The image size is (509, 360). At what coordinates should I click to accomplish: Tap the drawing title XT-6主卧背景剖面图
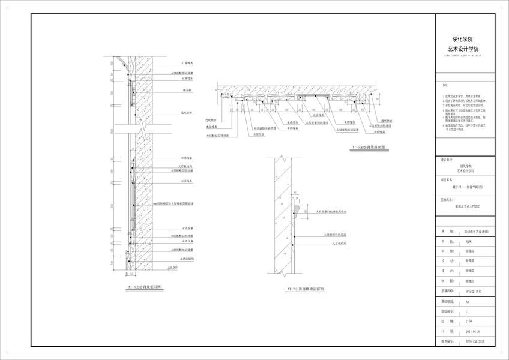tap(145, 288)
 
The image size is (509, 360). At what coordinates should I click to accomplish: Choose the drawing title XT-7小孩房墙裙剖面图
tap(304, 289)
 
